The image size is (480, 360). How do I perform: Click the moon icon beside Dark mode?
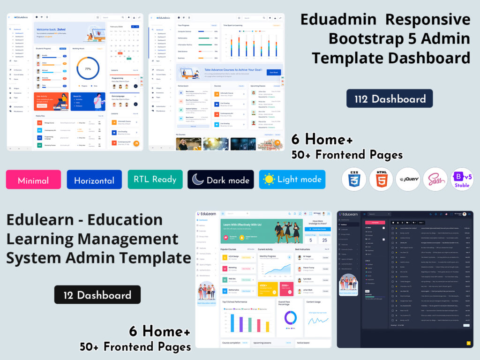click(x=198, y=180)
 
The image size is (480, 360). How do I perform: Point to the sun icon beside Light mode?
click(x=269, y=180)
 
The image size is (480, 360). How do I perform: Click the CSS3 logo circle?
click(x=354, y=179)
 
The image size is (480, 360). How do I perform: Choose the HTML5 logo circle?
click(x=381, y=179)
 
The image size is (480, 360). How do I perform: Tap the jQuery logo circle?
click(x=408, y=179)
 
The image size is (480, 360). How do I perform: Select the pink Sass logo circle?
click(x=435, y=179)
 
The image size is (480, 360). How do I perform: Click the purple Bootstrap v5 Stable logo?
click(x=462, y=179)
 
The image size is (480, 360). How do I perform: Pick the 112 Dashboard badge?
click(x=390, y=98)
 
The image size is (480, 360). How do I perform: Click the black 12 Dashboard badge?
click(x=97, y=295)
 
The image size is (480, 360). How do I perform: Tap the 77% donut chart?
click(x=88, y=69)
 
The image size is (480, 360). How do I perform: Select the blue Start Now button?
click(x=273, y=73)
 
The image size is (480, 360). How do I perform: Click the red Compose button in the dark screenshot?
click(x=375, y=222)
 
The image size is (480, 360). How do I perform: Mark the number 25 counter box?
click(x=325, y=240)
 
